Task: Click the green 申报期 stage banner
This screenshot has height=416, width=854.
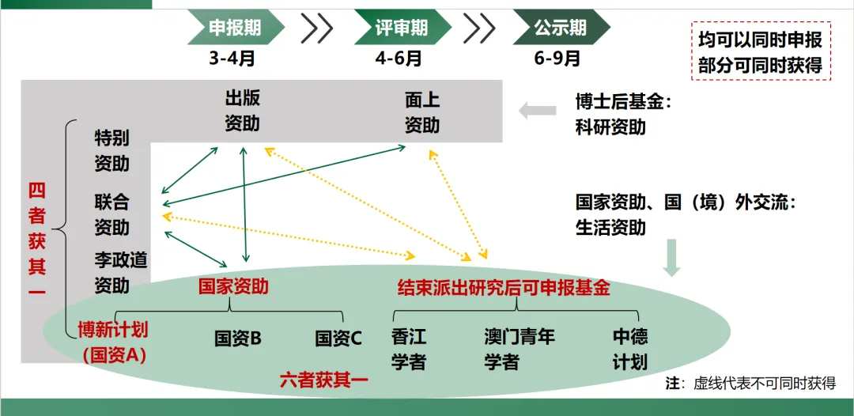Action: (234, 28)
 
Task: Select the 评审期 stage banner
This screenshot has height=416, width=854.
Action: (401, 28)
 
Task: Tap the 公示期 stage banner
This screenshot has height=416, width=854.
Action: (560, 28)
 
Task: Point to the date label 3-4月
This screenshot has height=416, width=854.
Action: (232, 58)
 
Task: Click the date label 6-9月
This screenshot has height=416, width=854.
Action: (557, 58)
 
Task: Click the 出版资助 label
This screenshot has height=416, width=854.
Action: (242, 112)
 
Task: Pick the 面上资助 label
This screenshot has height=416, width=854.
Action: (422, 112)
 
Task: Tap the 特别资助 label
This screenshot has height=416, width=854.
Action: (111, 150)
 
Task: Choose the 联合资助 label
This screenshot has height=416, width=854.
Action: (111, 214)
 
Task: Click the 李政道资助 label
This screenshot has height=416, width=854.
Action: (121, 272)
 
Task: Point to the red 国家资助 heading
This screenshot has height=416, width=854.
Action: (233, 286)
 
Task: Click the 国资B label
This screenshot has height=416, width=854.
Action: (238, 338)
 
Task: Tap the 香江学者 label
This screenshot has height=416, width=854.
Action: (409, 349)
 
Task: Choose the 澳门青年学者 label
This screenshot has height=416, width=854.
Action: (520, 349)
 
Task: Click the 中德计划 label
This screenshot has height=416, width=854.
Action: (630, 349)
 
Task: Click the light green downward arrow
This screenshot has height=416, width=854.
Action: (671, 258)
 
